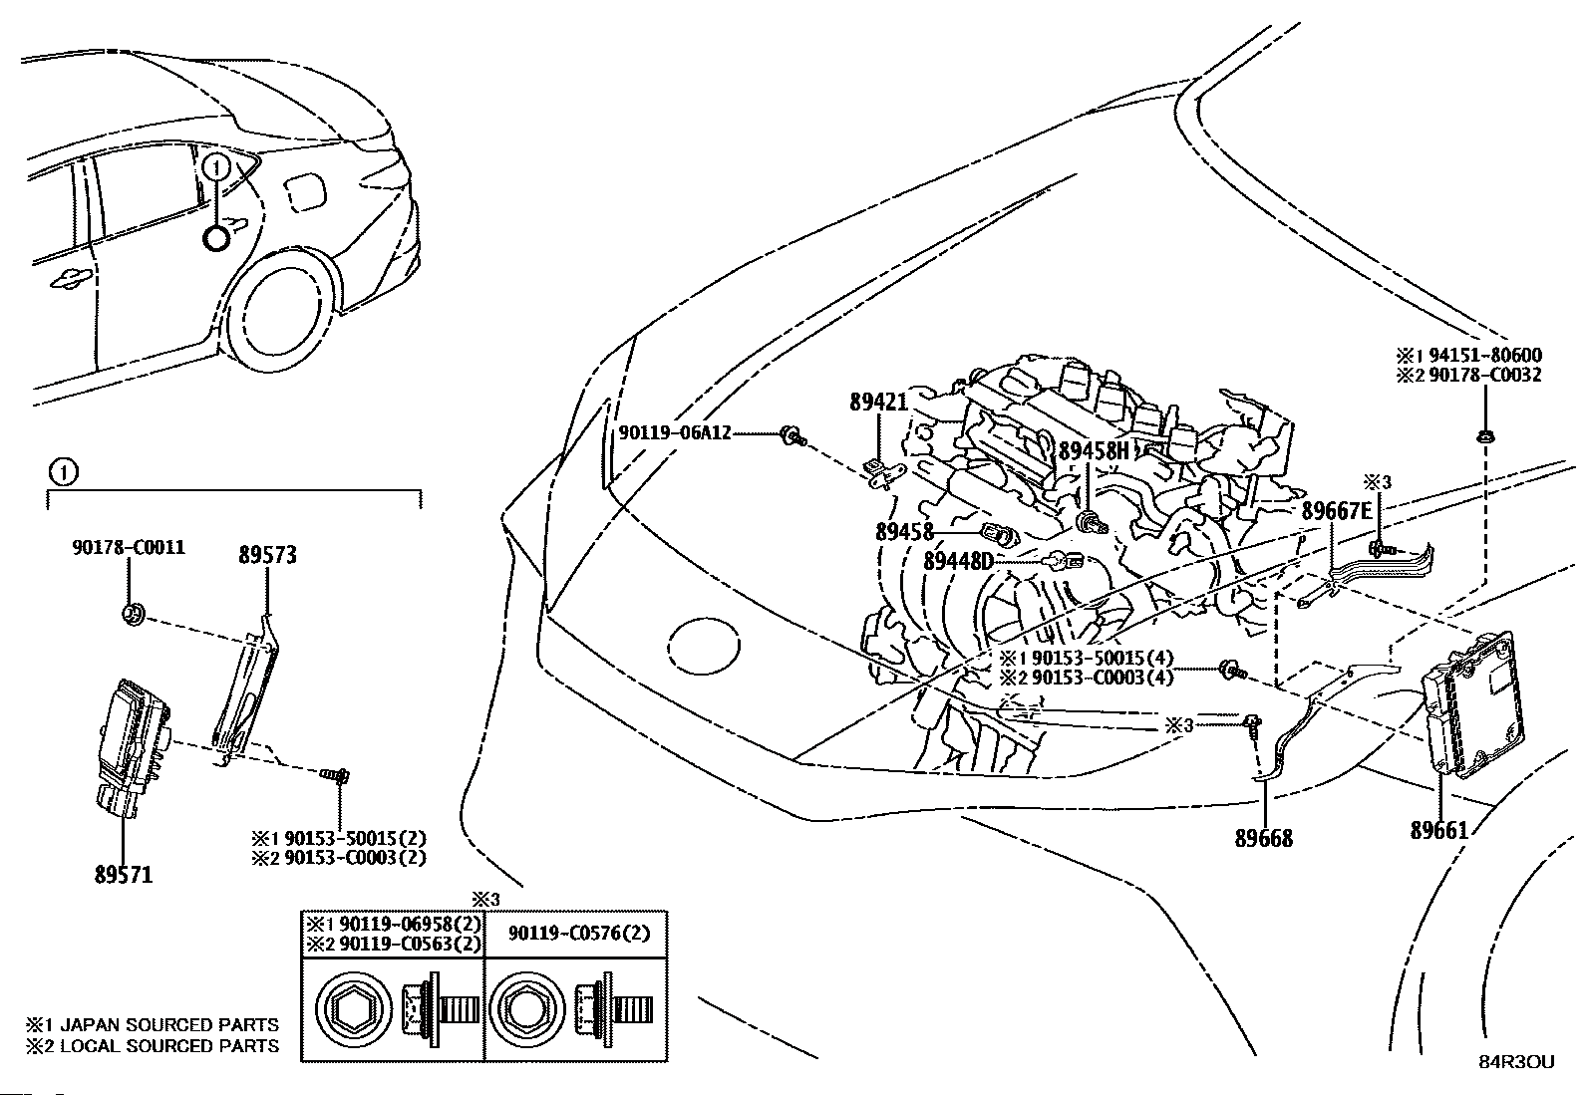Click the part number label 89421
pyautogui.click(x=878, y=403)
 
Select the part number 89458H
pyautogui.click(x=1094, y=449)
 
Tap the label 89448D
pyautogui.click(x=959, y=561)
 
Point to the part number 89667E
pyautogui.click(x=1337, y=510)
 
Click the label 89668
pyautogui.click(x=1264, y=838)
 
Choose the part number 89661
pyautogui.click(x=1439, y=830)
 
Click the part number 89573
pyautogui.click(x=267, y=555)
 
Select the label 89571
pyautogui.click(x=124, y=874)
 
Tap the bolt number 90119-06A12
pyautogui.click(x=675, y=432)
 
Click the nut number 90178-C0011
pyautogui.click(x=129, y=547)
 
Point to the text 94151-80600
pyautogui.click(x=1485, y=355)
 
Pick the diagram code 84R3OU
pyautogui.click(x=1516, y=1062)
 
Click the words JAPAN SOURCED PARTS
pyautogui.click(x=169, y=1024)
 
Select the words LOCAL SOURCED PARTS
pyautogui.click(x=169, y=1045)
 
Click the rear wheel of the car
pyautogui.click(x=279, y=319)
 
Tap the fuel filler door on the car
pyautogui.click(x=305, y=191)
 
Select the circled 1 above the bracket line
pyautogui.click(x=64, y=471)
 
